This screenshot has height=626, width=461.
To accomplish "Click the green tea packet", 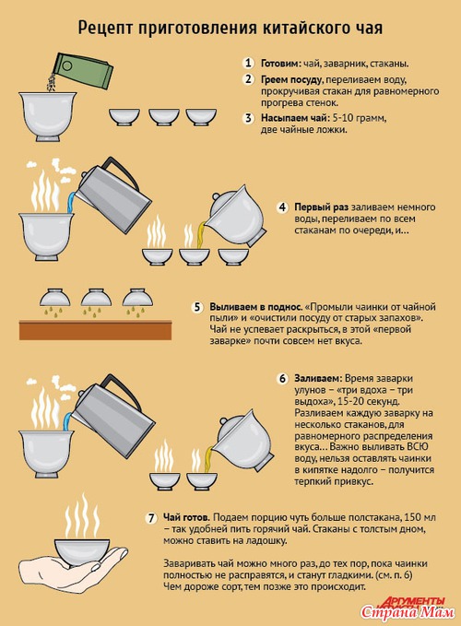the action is click(83, 70).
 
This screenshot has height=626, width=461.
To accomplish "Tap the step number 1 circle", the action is click(248, 63).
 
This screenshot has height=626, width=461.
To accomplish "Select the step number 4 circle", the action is click(282, 207).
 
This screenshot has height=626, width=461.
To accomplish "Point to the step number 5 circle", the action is click(197, 307).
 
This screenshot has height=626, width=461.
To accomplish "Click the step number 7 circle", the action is click(151, 518).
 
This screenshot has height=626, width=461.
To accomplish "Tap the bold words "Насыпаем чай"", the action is click(294, 118).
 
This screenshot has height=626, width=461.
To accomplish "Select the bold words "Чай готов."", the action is click(186, 517).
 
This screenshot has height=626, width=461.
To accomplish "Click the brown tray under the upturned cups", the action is click(95, 330).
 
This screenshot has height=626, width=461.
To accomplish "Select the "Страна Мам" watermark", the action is click(408, 611).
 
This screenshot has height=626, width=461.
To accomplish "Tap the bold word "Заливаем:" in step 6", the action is click(318, 379).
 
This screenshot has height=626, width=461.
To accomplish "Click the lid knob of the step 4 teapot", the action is click(215, 197).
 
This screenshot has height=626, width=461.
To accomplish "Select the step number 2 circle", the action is click(248, 79).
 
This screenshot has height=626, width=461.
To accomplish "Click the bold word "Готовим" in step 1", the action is click(279, 64).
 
